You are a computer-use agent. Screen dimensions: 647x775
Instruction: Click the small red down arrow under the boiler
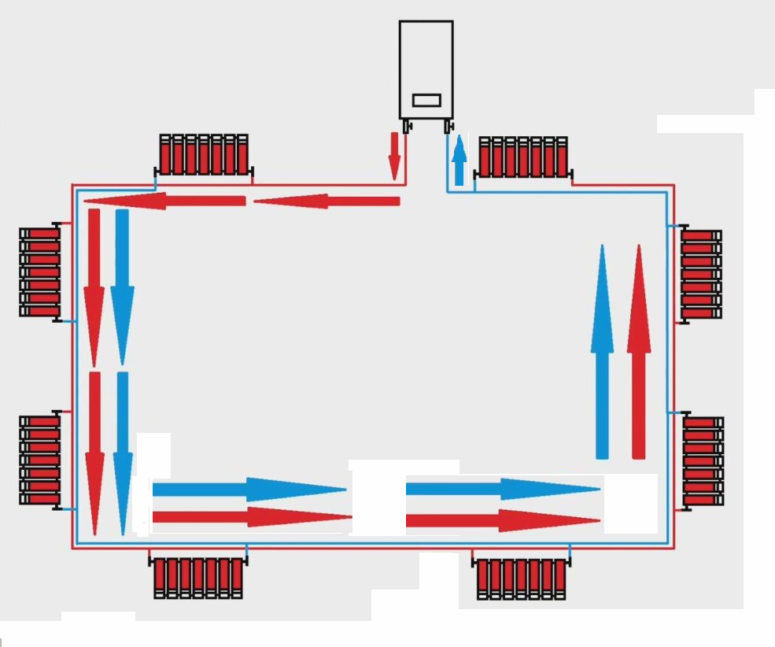(394, 155)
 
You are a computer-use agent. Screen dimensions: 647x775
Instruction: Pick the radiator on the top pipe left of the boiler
(205, 154)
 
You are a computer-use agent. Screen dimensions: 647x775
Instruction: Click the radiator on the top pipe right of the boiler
(523, 157)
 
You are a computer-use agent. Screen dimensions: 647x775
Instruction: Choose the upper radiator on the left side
(39, 272)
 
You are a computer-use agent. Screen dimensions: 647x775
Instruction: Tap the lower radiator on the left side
(39, 460)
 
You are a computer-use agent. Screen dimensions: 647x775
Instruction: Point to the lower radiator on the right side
(703, 460)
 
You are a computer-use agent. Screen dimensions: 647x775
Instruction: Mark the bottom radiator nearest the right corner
(522, 579)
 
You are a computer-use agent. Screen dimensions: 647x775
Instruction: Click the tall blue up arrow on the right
(602, 350)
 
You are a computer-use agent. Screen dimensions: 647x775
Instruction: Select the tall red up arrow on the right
(639, 350)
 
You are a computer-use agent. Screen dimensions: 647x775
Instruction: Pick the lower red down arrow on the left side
(95, 453)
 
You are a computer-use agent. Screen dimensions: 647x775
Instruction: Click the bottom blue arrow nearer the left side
(249, 489)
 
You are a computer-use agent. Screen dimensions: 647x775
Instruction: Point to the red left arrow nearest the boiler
(327, 201)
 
